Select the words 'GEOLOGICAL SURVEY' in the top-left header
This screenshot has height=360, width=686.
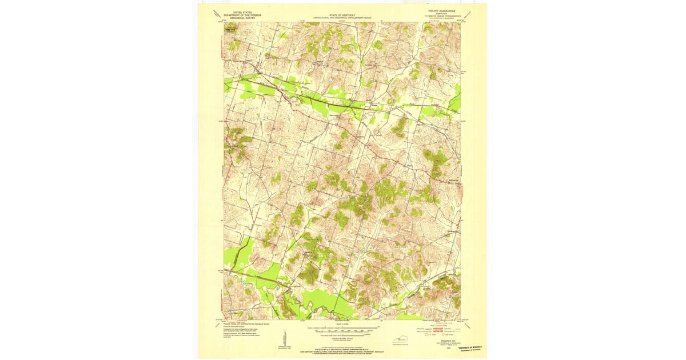(240, 18)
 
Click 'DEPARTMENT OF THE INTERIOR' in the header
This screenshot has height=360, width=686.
(240, 15)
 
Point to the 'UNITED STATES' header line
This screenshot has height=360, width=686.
(240, 11)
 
